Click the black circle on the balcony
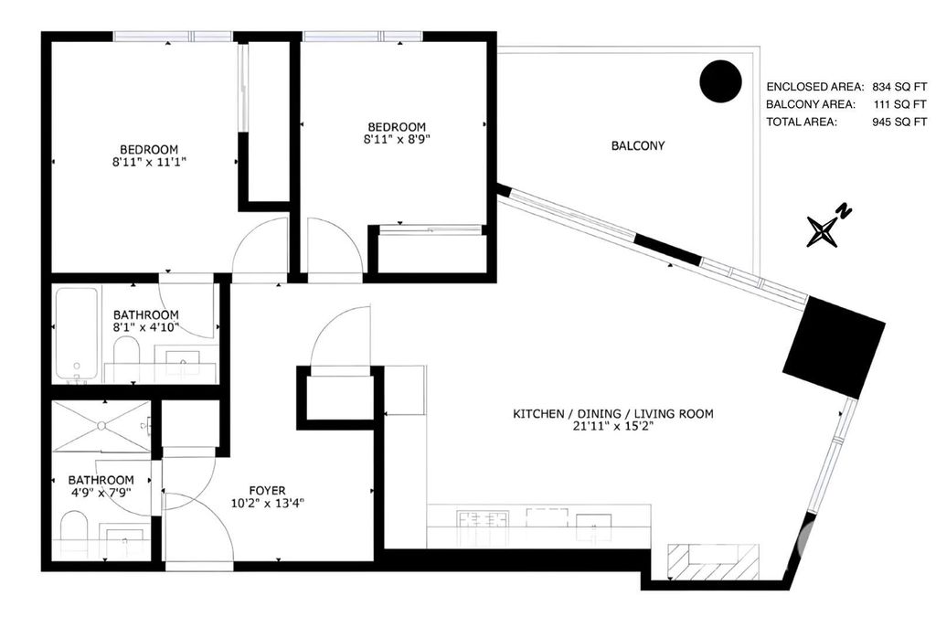click(x=719, y=81)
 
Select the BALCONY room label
click(x=637, y=145)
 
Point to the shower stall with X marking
click(x=101, y=426)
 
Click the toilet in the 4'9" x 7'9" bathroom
click(x=73, y=532)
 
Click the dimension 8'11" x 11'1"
click(x=149, y=163)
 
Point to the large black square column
click(x=834, y=346)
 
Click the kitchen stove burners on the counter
click(x=483, y=522)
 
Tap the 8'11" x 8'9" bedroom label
click(x=397, y=133)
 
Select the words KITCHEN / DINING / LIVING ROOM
click(x=612, y=414)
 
